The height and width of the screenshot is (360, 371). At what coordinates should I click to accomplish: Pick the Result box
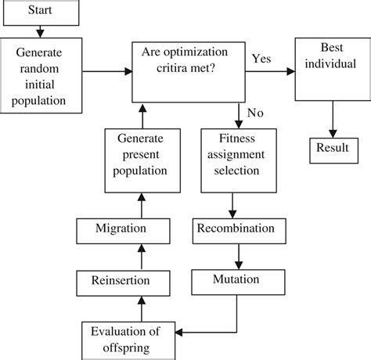pos(332,149)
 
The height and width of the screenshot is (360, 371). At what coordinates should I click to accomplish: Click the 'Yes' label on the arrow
pos(262,59)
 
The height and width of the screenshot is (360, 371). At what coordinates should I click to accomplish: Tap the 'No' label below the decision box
pos(255,113)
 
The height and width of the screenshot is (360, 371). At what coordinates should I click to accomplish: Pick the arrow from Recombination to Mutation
pos(236,254)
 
